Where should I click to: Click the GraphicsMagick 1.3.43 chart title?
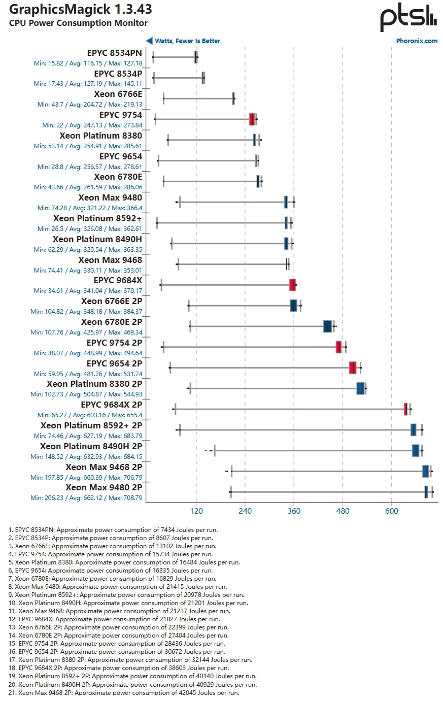point(81,10)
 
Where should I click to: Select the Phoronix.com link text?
point(417,41)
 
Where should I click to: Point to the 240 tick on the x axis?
point(245,511)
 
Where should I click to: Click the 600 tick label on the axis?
point(392,511)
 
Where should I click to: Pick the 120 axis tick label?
point(196,511)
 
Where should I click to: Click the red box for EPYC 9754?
point(252,119)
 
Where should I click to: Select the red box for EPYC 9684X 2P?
point(405,409)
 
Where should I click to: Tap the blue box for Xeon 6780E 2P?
point(327,326)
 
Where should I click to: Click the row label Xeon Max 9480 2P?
point(104,487)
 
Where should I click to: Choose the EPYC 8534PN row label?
point(114,53)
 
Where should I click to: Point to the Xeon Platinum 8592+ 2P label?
point(91,425)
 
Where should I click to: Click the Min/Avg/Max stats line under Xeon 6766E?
point(90,105)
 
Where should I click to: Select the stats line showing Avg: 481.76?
point(88,374)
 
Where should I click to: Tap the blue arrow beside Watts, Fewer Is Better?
point(149,41)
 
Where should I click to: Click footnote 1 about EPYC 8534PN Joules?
point(113,530)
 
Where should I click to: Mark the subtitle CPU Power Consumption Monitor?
point(79,23)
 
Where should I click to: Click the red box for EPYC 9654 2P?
point(353,368)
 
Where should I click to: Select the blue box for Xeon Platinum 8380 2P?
point(360,388)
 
